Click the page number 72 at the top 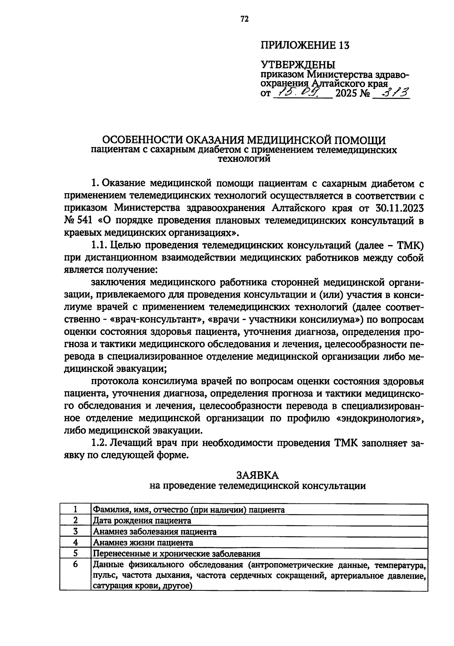[x=244, y=19]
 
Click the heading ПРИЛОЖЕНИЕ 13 [x=304, y=45]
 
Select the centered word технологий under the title [x=243, y=158]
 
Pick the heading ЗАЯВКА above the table [x=257, y=475]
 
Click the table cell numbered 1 [x=76, y=509]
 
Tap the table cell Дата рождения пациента [x=142, y=520]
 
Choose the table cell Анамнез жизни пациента [x=143, y=543]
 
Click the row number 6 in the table [x=76, y=564]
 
